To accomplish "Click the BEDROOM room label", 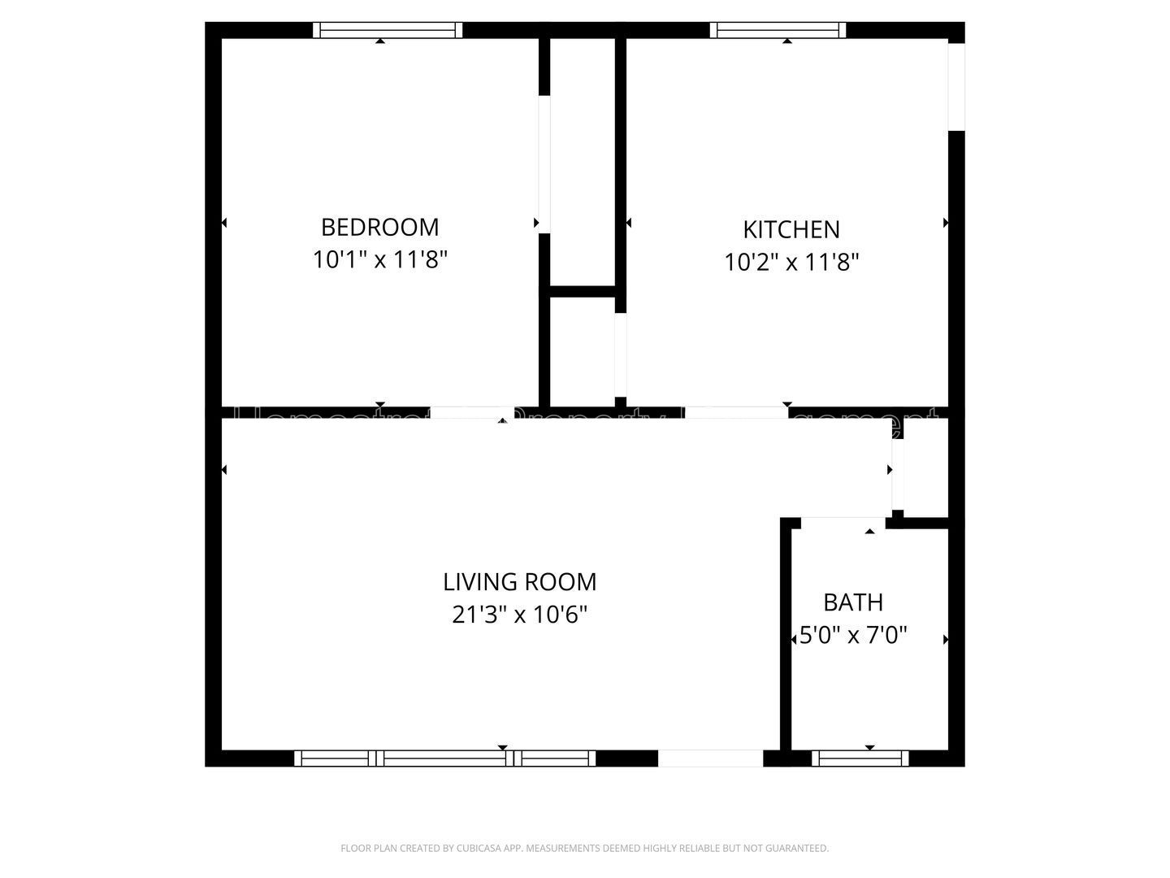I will pos(379,226).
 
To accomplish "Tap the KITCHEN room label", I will pos(791,229).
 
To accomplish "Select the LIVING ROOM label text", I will pos(519,582).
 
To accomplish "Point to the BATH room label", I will pos(853,602).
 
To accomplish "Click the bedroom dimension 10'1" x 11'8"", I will pos(380,260).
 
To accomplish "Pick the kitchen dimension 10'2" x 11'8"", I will pos(791,263).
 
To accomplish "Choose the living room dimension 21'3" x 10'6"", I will pos(519,615).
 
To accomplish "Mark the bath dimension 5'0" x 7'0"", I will pos(853,635).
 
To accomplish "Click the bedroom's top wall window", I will pos(388,30).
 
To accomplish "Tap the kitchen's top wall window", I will pos(778,30).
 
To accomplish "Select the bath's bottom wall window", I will pos(860,758).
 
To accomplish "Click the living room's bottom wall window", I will pos(444,758).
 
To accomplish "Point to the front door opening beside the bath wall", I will pos(710,758).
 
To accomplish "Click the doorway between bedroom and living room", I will pos(471,412).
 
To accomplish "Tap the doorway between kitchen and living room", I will pos(735,412).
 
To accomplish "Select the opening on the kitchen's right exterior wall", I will pos(956,86).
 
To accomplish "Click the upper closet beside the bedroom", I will pos(582,163).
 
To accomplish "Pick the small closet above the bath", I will pos(926,467).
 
